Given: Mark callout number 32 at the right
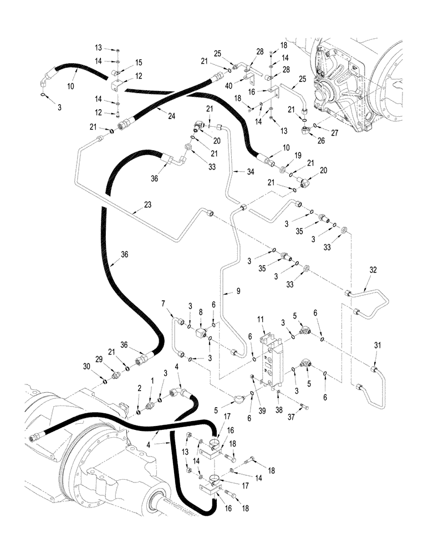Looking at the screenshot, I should [x=373, y=270].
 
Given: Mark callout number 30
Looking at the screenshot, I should [x=102, y=366].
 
